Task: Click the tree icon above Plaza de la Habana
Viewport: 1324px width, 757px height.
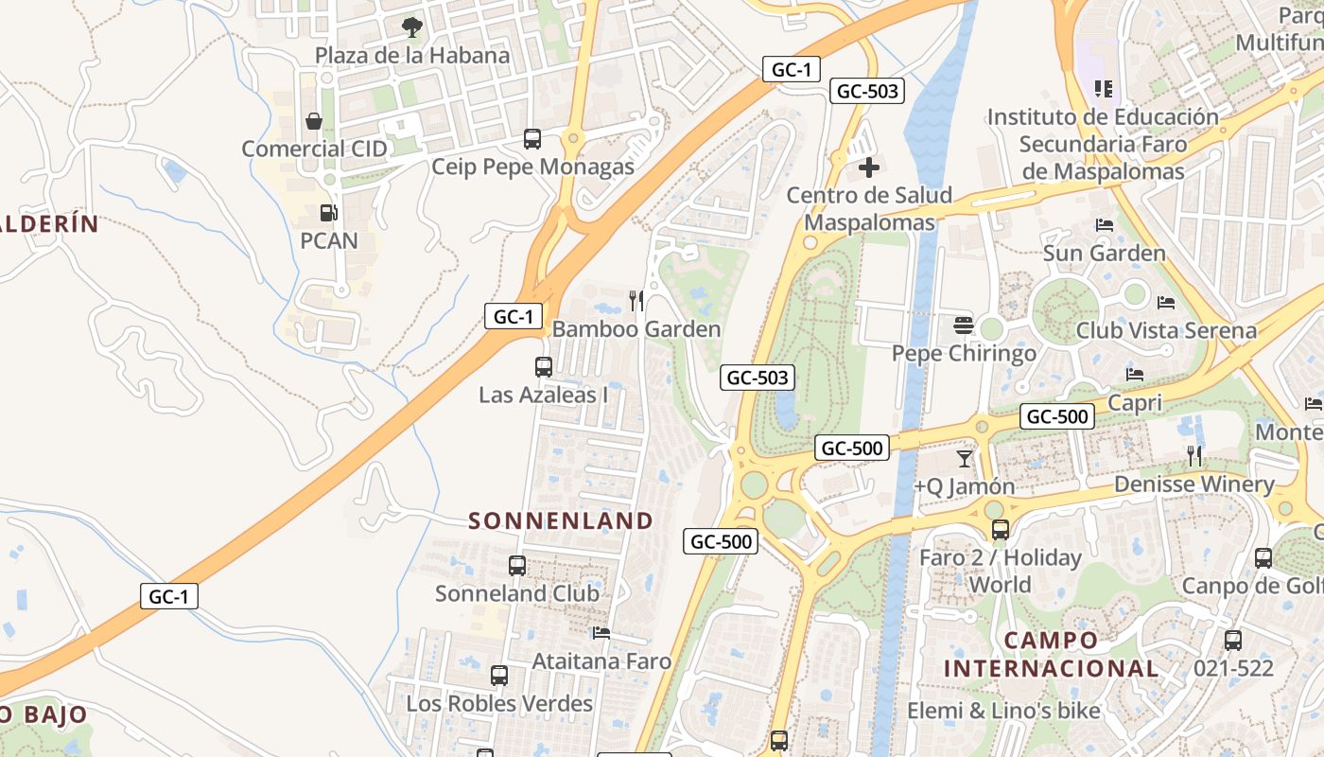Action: pos(411,26)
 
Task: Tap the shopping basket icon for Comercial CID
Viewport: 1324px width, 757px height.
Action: pos(314,121)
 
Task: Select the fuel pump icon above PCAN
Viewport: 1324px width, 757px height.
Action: pos(328,213)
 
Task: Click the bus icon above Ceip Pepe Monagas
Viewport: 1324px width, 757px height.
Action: pos(532,139)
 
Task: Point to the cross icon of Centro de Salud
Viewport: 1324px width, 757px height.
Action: pos(869,168)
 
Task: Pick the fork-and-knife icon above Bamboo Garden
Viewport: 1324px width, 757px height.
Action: pos(636,301)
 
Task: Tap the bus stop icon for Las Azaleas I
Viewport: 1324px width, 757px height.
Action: pos(544,367)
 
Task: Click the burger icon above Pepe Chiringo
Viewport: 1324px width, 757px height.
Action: pos(964,326)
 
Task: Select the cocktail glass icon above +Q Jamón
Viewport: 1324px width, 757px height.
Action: pos(964,459)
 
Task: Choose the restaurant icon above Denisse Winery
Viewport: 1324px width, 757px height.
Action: pos(1194,456)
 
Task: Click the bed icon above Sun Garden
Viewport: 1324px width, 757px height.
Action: pos(1104,225)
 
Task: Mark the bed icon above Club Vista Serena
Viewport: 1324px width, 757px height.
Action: pos(1166,303)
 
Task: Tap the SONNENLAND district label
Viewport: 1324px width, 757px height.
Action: pos(561,520)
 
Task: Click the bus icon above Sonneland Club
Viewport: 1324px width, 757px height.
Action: pos(517,566)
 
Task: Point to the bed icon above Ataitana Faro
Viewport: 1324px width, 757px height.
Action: pos(601,633)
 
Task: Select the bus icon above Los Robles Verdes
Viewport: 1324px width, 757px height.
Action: pos(499,676)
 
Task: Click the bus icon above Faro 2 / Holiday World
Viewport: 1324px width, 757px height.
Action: pos(1000,530)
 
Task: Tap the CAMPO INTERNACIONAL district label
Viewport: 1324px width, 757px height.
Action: pos(1051,654)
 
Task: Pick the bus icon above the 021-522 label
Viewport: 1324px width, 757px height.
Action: pos(1233,640)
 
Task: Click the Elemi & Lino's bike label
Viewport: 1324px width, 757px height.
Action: pos(1003,711)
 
